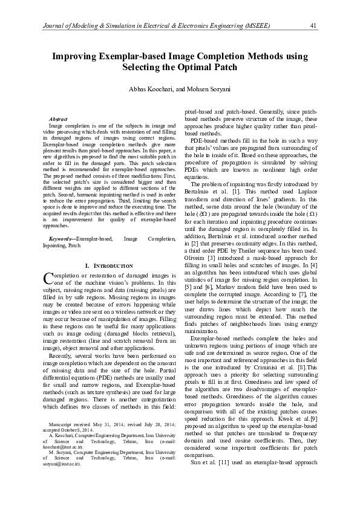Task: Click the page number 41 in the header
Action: click(313, 25)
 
